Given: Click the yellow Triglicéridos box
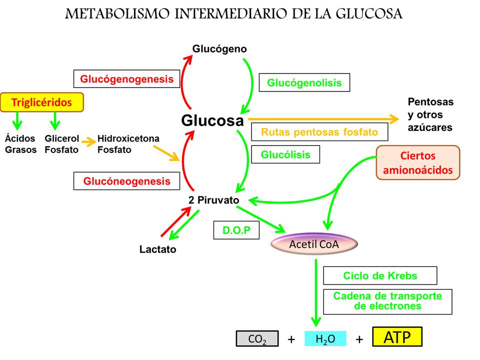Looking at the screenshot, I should click(x=41, y=102).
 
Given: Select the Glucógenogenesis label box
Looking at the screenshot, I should click(x=126, y=78).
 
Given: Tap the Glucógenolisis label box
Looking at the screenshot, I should click(x=304, y=82).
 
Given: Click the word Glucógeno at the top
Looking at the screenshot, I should click(x=219, y=49).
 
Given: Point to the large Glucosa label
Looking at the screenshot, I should click(x=212, y=120).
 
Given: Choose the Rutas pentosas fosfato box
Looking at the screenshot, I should click(x=319, y=132).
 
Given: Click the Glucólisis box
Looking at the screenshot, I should click(x=285, y=154).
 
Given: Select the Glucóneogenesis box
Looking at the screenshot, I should click(x=126, y=181).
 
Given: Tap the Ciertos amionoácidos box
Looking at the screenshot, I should click(x=417, y=162).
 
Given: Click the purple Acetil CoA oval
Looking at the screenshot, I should click(x=314, y=244).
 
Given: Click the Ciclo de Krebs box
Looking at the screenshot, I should click(x=380, y=275).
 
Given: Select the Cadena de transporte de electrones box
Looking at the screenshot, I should click(x=387, y=301).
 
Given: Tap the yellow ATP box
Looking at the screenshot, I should click(x=397, y=337).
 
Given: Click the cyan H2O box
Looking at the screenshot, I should click(x=325, y=339).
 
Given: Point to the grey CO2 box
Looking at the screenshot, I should click(x=257, y=339).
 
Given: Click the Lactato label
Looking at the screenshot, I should click(x=157, y=249).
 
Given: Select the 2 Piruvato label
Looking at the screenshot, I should click(x=213, y=199).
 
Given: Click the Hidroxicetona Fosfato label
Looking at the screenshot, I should click(x=128, y=144).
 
